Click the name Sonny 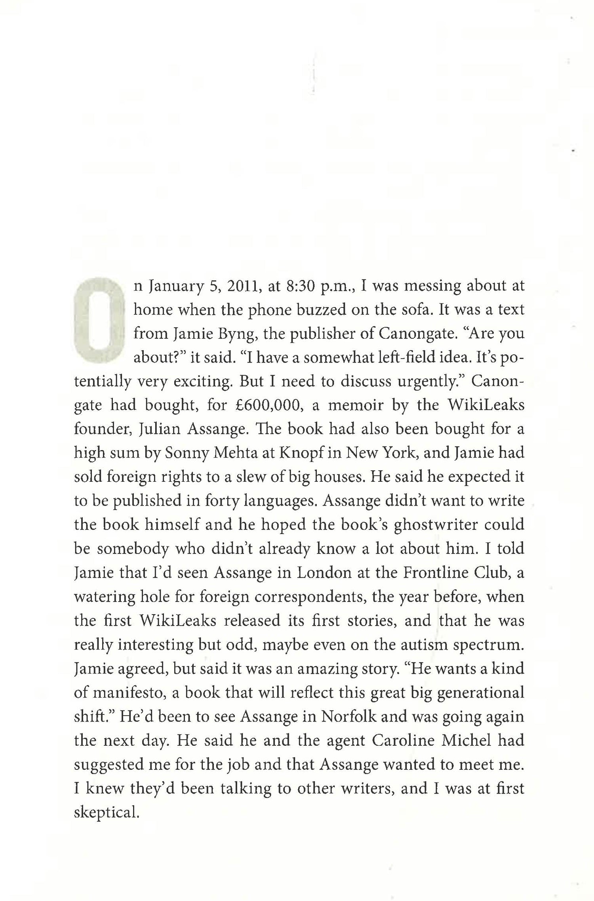coord(186,453)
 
